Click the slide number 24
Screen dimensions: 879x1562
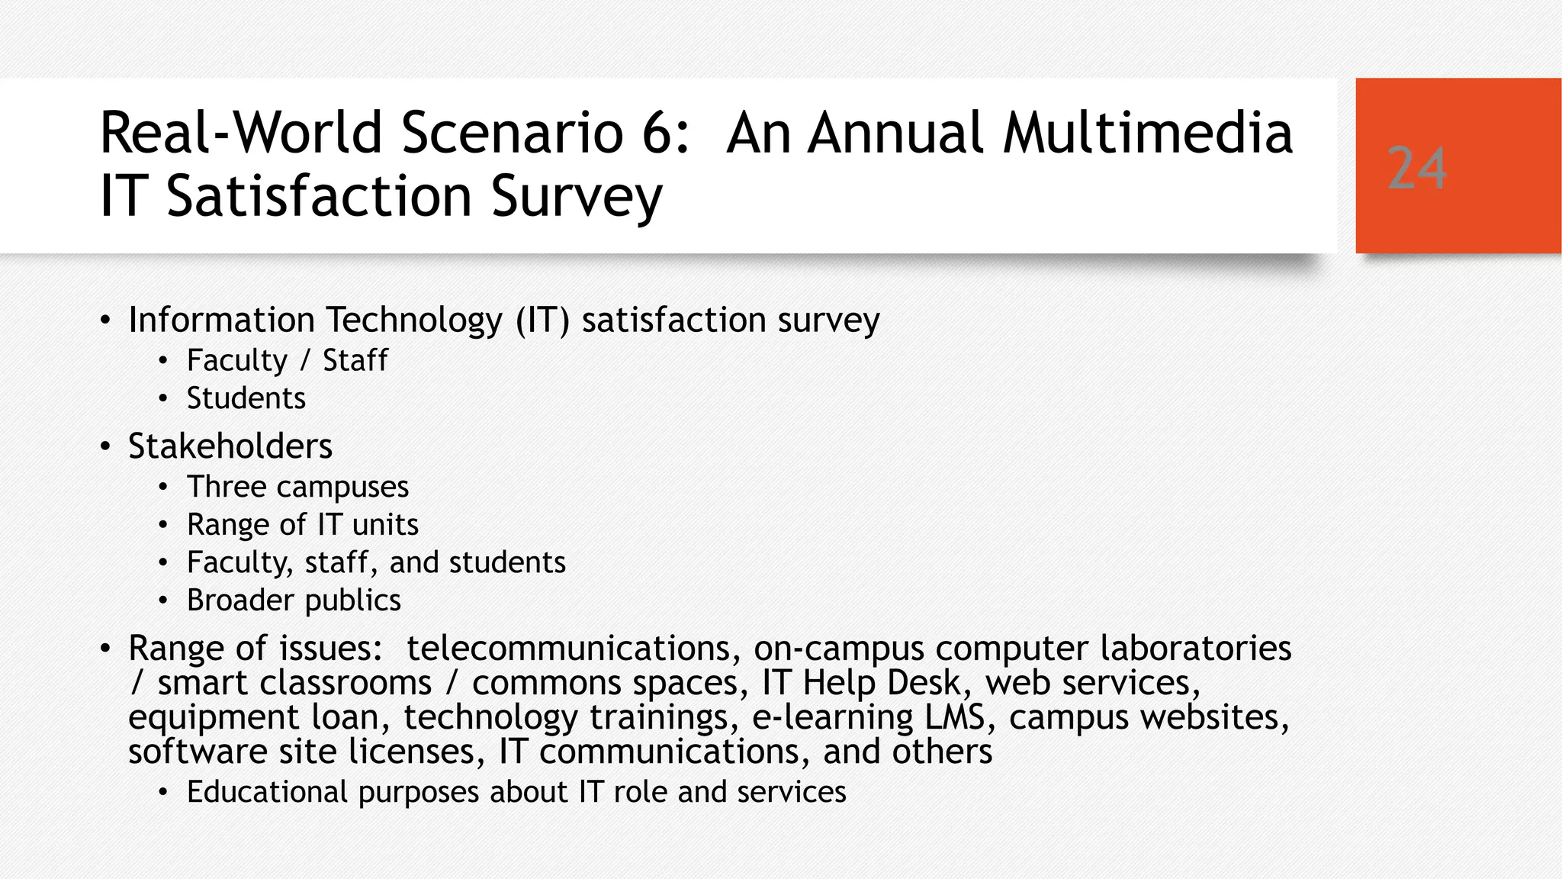point(1416,168)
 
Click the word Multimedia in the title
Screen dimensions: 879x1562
point(1148,133)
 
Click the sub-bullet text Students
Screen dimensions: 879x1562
point(246,398)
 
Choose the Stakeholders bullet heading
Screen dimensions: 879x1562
point(230,446)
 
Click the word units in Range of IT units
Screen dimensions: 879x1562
point(385,525)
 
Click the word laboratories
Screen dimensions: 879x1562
point(1195,649)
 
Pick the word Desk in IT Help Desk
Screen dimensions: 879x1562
point(928,683)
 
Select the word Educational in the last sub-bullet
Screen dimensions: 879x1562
point(267,792)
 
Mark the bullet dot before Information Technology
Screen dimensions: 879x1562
point(105,320)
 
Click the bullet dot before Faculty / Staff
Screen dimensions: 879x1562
point(162,361)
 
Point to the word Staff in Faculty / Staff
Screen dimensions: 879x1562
point(355,360)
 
